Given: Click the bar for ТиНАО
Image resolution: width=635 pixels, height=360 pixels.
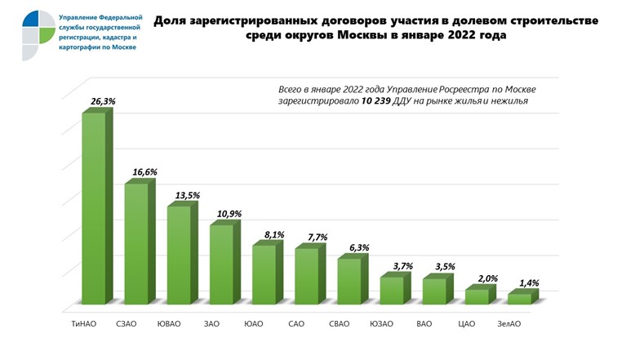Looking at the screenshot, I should pyautogui.click(x=93, y=208).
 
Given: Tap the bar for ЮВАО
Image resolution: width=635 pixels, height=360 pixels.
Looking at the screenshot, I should pyautogui.click(x=178, y=255).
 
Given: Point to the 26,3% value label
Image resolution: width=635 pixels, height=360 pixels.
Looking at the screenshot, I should pyautogui.click(x=104, y=101).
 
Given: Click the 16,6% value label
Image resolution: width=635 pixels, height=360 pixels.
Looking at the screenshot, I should pyautogui.click(x=145, y=172).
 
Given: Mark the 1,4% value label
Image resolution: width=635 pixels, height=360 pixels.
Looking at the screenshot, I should pyautogui.click(x=528, y=283).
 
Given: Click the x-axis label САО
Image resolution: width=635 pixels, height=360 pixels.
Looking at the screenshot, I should pyautogui.click(x=296, y=324).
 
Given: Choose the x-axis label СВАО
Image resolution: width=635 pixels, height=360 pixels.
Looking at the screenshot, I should pyautogui.click(x=339, y=324).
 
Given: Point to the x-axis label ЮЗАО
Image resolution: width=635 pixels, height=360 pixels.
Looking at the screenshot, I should pyautogui.click(x=381, y=324).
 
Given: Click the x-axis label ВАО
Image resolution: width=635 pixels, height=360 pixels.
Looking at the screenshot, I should pyautogui.click(x=424, y=324).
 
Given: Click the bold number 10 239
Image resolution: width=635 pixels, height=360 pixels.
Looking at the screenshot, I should pyautogui.click(x=378, y=100).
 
